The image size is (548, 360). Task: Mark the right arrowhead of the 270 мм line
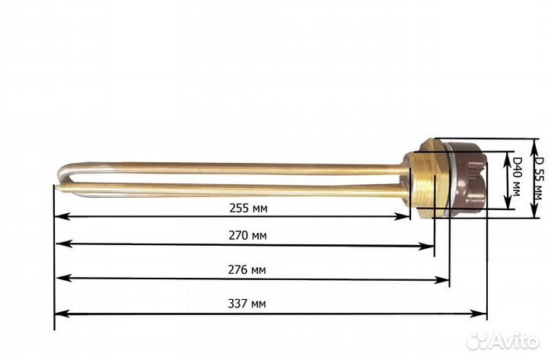coord(431,245)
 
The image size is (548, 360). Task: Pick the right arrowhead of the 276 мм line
coord(445,279)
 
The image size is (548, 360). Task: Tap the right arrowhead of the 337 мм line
coord(483,313)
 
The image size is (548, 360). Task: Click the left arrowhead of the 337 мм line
coord(59,313)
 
